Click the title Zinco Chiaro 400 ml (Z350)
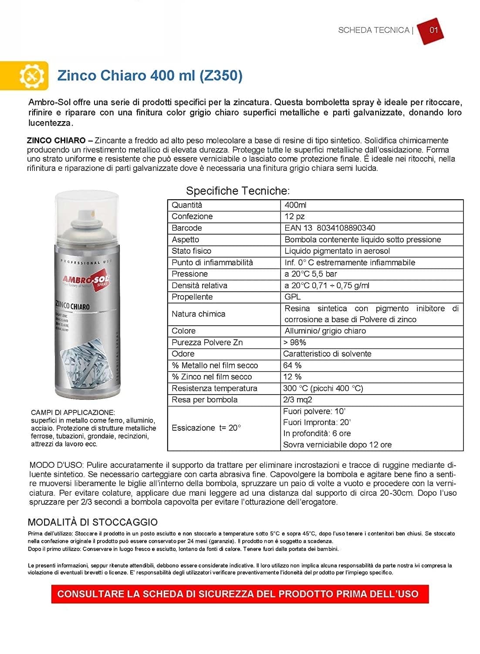[150, 75]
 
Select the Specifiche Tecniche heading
[237, 191]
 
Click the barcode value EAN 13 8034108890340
[329, 228]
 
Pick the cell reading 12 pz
[294, 216]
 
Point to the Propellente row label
[192, 297]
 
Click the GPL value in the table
[292, 297]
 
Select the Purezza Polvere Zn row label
[207, 342]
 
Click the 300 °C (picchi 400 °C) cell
[323, 388]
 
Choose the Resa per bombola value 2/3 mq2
[297, 400]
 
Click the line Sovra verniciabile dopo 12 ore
[337, 445]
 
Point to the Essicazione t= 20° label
[206, 428]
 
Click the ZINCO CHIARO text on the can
[72, 307]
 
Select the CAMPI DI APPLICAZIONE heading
[73, 412]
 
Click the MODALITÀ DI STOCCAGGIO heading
[92, 522]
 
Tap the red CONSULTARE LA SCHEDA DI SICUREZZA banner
[240, 594]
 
